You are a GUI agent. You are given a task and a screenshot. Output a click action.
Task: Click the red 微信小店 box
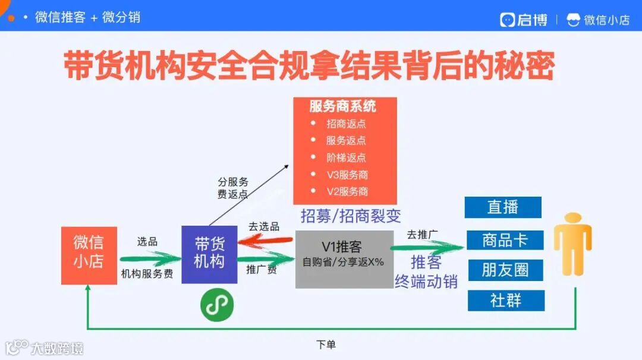(x=89, y=255)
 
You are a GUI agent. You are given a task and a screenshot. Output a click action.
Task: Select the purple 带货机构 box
(x=209, y=254)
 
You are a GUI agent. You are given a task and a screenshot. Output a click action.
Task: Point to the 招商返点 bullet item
(x=346, y=124)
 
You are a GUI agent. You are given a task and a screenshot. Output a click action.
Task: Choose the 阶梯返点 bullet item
(x=346, y=158)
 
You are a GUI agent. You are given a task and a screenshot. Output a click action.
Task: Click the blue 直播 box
(x=503, y=207)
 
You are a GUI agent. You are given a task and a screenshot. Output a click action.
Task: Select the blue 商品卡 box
(x=505, y=240)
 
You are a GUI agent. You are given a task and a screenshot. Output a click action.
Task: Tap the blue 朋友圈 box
(x=505, y=270)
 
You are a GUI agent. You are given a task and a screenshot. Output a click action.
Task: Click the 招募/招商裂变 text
(x=350, y=216)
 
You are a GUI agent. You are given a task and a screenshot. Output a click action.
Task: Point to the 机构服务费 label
(x=147, y=274)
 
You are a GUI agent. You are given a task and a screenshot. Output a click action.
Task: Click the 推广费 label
(x=262, y=269)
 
